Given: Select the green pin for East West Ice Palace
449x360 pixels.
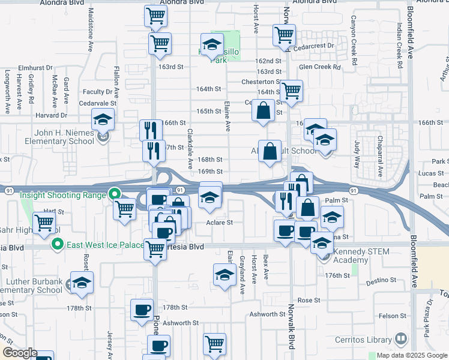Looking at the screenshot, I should pos(57,244).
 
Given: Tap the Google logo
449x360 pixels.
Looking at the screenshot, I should pos(20,353).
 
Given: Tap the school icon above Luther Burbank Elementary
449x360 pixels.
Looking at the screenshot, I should pos(82,283).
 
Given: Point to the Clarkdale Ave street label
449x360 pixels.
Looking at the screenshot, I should pos(190,148).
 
